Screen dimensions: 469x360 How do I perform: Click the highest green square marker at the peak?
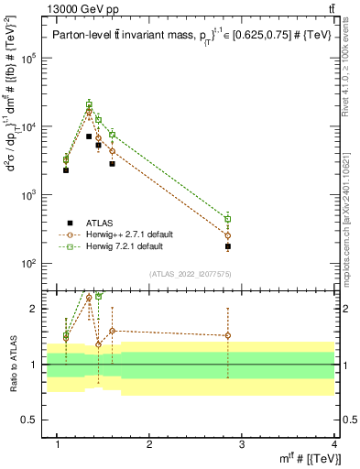[89, 104]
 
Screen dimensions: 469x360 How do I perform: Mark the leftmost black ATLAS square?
[66, 170]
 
